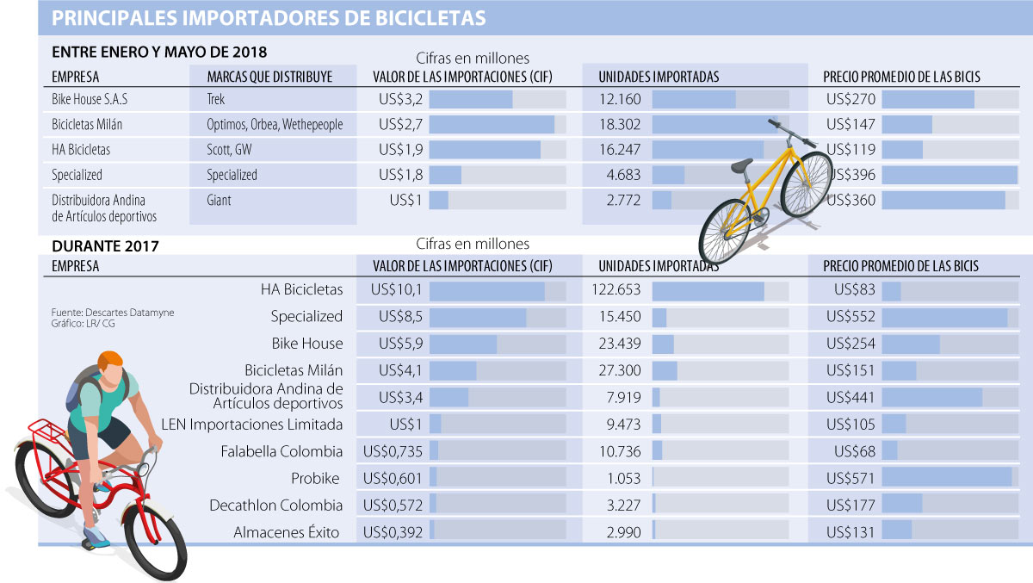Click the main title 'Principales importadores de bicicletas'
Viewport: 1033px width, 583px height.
269,17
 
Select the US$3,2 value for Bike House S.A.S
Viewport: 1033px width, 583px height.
400,99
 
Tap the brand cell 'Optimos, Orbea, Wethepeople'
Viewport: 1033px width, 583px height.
275,125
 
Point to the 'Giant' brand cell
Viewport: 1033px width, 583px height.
219,201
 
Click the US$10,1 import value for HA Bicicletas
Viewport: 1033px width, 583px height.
396,290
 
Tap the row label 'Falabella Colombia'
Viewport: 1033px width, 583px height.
281,451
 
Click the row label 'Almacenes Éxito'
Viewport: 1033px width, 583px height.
287,533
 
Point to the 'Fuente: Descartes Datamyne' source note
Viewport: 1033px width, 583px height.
113,313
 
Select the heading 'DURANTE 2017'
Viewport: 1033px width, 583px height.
105,246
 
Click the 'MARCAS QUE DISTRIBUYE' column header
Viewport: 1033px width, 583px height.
269,77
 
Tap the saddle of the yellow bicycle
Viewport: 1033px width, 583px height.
741,165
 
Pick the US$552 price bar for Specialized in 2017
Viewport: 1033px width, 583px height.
943,317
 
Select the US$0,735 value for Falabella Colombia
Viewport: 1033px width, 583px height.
393,451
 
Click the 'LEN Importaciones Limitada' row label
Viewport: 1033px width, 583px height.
252,425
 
